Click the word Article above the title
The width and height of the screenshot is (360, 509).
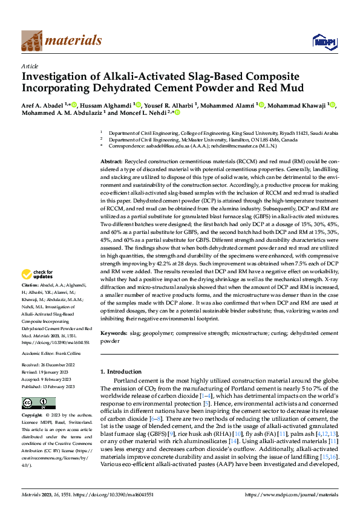(30, 66)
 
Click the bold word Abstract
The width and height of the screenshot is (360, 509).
(111, 163)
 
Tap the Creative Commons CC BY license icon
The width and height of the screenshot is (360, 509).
(34, 403)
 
